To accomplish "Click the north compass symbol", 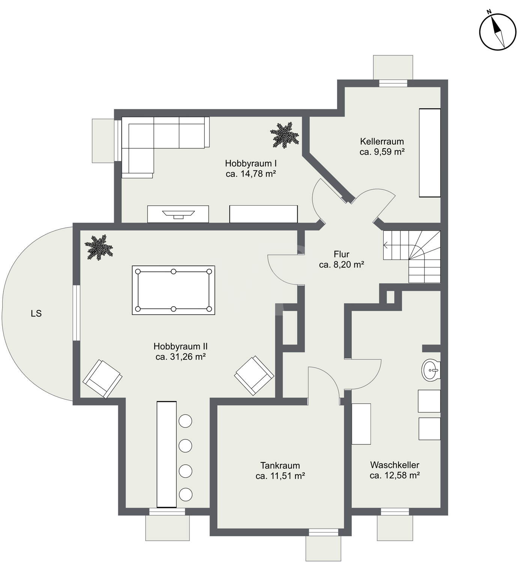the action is [498, 32].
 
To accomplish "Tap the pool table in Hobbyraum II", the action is [173, 290].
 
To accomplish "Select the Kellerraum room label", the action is [382, 141].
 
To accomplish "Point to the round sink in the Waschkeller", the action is [431, 370].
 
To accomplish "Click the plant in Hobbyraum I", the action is [285, 135].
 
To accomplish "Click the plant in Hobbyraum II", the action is [99, 247].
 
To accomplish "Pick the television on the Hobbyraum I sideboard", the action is [178, 214].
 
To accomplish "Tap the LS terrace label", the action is [36, 313].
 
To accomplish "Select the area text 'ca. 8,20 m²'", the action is [342, 265].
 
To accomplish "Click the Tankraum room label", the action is [280, 465].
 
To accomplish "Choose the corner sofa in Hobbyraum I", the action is [166, 148].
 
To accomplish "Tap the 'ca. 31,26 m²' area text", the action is [181, 357].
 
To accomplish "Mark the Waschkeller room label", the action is [395, 465].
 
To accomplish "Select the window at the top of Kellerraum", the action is [393, 83].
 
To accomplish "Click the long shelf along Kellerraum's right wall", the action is [430, 152].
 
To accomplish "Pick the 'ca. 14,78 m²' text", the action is [251, 174].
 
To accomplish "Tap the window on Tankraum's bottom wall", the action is [324, 532].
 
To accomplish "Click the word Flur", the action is [342, 254].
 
